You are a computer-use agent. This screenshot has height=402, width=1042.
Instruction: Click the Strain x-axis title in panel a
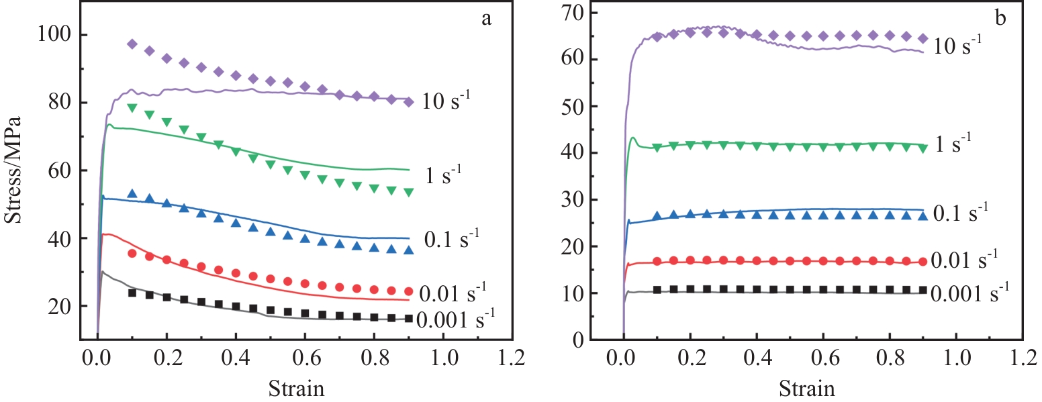point(297,388)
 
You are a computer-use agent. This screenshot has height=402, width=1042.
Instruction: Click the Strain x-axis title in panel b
point(808,388)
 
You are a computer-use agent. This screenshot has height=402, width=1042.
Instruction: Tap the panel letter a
point(487,18)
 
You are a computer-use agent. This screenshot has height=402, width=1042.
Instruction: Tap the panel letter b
point(1000,18)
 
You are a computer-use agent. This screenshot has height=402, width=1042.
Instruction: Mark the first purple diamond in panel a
point(132,44)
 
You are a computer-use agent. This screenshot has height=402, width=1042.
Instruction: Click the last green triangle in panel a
point(408,192)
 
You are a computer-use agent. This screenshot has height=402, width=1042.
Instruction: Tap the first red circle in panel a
point(132,253)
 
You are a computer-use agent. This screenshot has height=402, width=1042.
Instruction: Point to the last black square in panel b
point(923,290)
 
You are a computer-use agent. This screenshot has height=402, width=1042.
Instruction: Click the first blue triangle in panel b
point(657,216)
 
